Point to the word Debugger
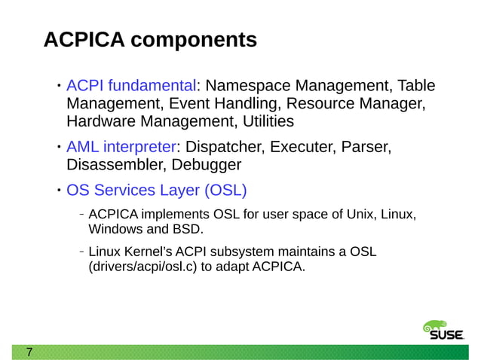pos(207,164)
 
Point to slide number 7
pos(29,352)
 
